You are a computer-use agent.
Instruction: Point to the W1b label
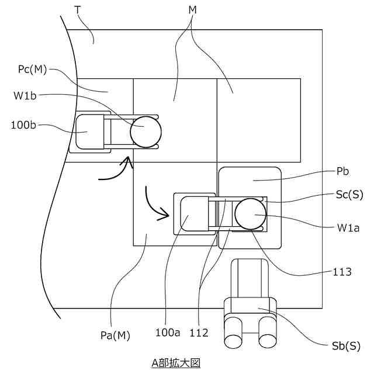[25, 95]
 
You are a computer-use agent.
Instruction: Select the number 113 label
[342, 271]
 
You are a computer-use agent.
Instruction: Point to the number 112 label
[199, 334]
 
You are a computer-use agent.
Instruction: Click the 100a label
[168, 334]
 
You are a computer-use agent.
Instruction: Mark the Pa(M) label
[115, 335]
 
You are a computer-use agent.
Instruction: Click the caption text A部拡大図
[176, 363]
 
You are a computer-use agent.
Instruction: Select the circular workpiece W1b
[144, 130]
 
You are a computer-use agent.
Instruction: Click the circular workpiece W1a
[250, 213]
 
